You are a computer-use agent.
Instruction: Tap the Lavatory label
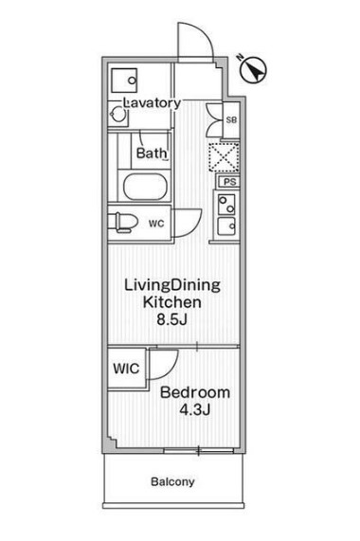click(x=152, y=102)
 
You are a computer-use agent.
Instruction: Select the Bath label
click(x=151, y=153)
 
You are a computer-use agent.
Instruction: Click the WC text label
click(x=156, y=224)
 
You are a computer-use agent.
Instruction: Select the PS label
click(x=228, y=181)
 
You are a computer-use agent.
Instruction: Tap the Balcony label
click(x=171, y=481)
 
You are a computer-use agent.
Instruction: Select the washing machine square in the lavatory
click(x=122, y=81)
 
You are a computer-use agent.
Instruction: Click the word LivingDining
click(x=172, y=282)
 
